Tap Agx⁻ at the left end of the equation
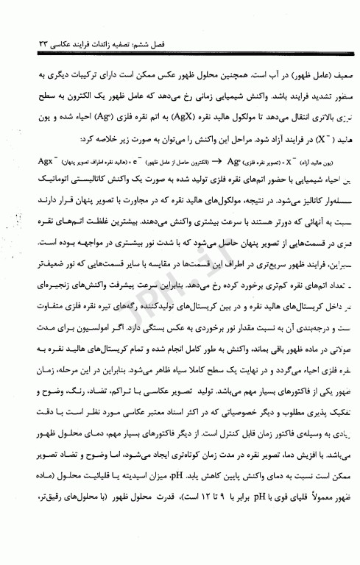[43, 138]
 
